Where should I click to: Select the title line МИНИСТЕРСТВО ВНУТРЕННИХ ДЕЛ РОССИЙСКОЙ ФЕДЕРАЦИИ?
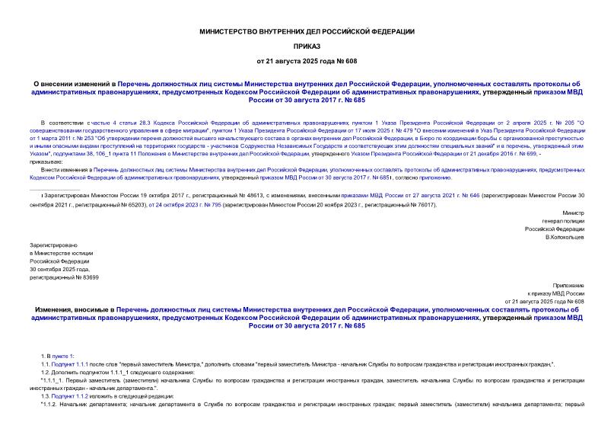coord(307,31)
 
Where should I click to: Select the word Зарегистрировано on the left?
coord(51,243)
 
